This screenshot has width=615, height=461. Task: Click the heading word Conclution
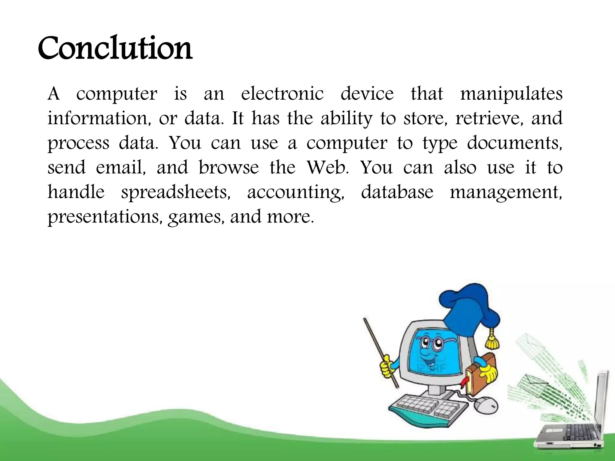pyautogui.click(x=115, y=48)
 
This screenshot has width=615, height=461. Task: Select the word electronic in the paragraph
pyautogui.click(x=282, y=94)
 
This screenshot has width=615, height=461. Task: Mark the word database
pyautogui.click(x=397, y=192)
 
